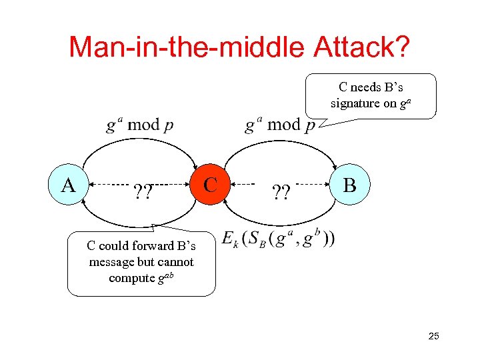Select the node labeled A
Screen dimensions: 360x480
pyautogui.click(x=68, y=184)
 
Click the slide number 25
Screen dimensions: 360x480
pyautogui.click(x=433, y=336)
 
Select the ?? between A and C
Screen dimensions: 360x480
pyautogui.click(x=142, y=193)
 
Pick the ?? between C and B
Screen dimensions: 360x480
pyautogui.click(x=281, y=193)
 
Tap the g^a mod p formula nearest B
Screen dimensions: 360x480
pyautogui.click(x=280, y=125)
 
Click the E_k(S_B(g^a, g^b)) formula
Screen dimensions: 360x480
pyautogui.click(x=279, y=239)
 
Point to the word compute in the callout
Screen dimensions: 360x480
pyautogui.click(x=131, y=278)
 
